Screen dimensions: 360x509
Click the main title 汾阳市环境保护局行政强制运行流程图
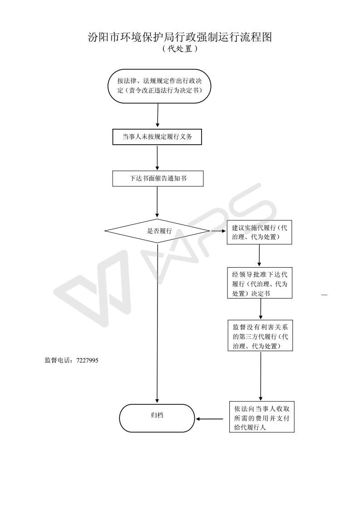pos(180,37)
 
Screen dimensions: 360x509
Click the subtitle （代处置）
pos(180,49)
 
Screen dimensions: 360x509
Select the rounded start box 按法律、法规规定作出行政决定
pos(159,86)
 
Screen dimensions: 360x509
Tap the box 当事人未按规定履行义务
pos(157,137)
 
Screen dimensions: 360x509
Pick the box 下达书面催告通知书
pos(158,179)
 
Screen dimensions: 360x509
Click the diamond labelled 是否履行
pos(157,231)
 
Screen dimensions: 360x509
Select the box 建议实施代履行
pos(259,232)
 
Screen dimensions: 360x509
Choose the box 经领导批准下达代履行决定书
pos(260,283)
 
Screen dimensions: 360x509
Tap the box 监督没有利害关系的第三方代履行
pos(260,336)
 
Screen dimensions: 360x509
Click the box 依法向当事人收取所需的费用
pos(262,417)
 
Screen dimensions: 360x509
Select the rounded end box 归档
pos(157,418)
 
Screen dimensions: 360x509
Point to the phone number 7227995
pos(88,360)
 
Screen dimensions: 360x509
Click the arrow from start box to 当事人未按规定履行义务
pos(158,115)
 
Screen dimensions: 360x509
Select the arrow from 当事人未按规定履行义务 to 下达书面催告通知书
pos(157,158)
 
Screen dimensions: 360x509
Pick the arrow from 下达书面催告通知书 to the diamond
pos(157,202)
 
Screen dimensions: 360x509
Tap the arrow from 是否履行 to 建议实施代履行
pos(218,231)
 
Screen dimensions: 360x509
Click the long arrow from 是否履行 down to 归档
pos(157,323)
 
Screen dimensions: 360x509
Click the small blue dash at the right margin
pos(324,295)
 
